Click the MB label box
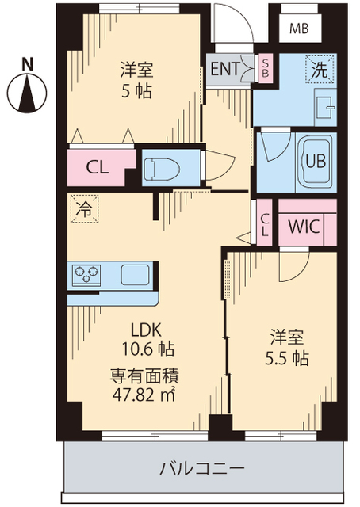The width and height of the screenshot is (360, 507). [298, 30]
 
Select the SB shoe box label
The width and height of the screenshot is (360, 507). [266, 69]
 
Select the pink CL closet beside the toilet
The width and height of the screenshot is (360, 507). [98, 167]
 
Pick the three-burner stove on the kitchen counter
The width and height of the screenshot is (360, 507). [87, 275]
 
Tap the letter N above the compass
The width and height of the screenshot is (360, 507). [26, 63]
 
